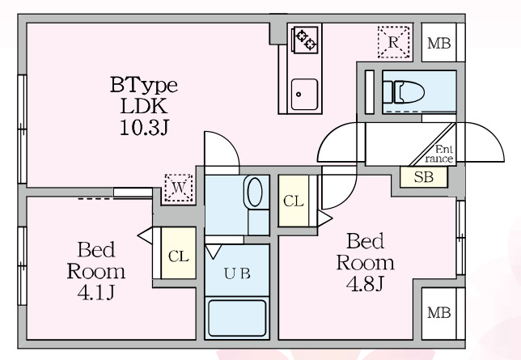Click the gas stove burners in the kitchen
pyautogui.click(x=305, y=40)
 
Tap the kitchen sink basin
pyautogui.click(x=304, y=95)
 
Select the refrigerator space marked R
pyautogui.click(x=393, y=42)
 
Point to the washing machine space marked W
pyautogui.click(x=179, y=188)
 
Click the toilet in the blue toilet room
pyautogui.click(x=404, y=91)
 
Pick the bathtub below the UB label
pyautogui.click(x=237, y=318)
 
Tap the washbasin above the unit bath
pyautogui.click(x=255, y=192)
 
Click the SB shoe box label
pyautogui.click(x=424, y=177)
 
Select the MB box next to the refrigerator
pyautogui.click(x=439, y=43)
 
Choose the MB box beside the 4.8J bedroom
pyautogui.click(x=439, y=313)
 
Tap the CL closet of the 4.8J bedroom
pyautogui.click(x=294, y=201)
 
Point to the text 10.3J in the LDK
pyautogui.click(x=144, y=128)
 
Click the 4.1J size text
pyautogui.click(x=96, y=293)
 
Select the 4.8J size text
pyautogui.click(x=365, y=283)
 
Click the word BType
pyautogui.click(x=143, y=86)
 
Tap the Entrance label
pyautogui.click(x=439, y=154)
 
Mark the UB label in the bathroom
pyautogui.click(x=237, y=273)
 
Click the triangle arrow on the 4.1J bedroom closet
pyautogui.click(x=145, y=235)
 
